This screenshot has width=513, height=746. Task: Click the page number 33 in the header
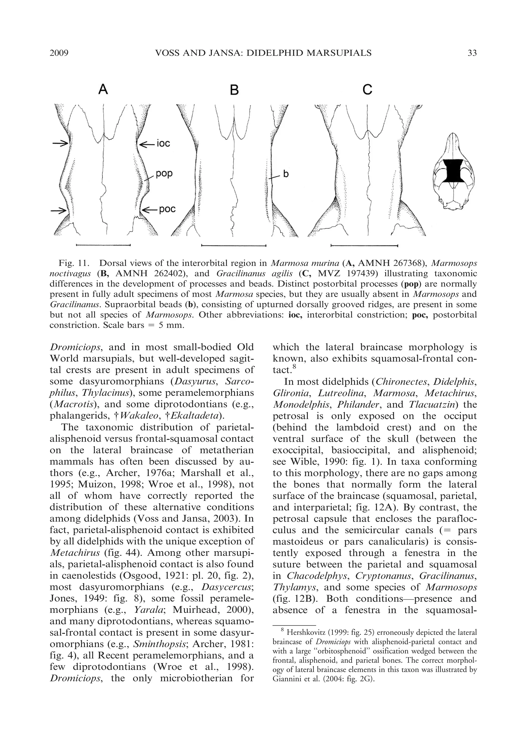(472, 53)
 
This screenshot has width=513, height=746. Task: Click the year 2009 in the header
(59, 53)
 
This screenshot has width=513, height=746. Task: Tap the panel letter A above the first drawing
(103, 89)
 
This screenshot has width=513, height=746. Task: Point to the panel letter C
(367, 89)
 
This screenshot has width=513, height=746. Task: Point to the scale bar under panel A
(103, 245)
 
